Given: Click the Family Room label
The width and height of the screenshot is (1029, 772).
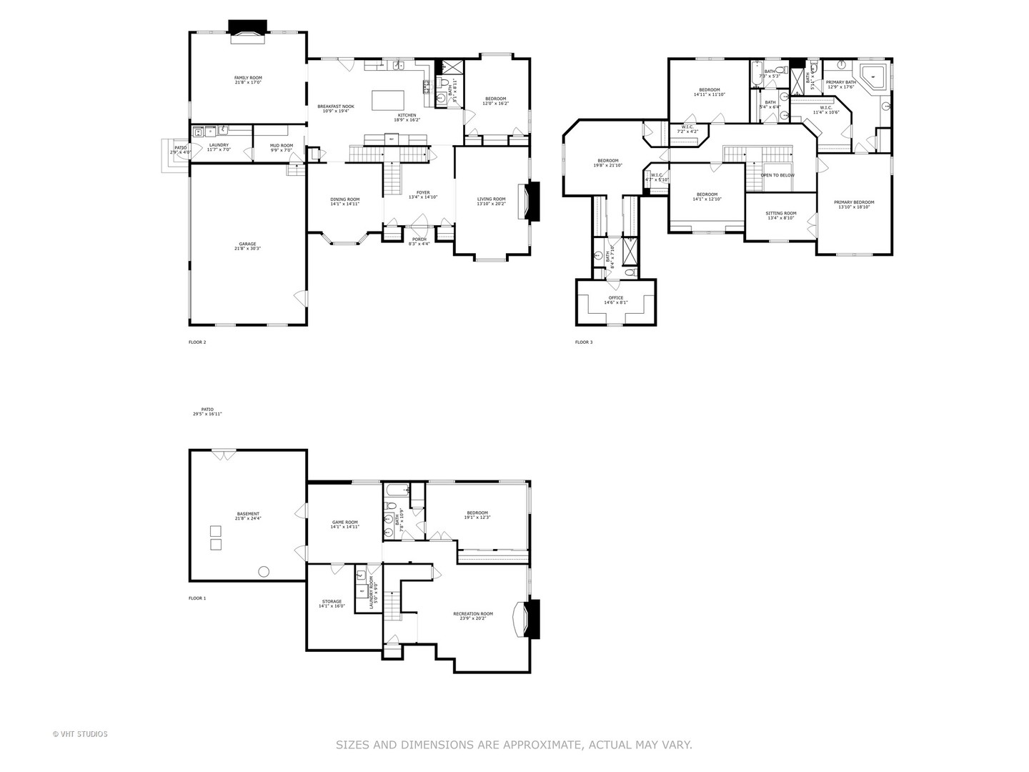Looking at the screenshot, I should point(248,77).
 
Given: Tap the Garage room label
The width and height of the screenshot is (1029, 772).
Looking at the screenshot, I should point(248,244).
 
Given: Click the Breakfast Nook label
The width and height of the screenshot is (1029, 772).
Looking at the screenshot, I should point(335,107).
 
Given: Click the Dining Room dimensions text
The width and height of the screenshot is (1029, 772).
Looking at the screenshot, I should point(344,204).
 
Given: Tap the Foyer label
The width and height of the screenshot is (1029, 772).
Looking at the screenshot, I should point(423,192).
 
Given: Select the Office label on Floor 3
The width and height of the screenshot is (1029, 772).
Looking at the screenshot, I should point(615,298).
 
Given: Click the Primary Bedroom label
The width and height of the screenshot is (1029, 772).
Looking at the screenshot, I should point(854,202).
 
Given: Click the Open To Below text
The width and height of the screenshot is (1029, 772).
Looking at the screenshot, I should point(777,175).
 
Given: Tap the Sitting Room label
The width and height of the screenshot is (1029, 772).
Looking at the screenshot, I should point(780,213).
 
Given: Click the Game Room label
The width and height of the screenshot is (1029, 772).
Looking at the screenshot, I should point(344,522).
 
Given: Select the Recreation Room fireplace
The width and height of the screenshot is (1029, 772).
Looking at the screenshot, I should point(531,618).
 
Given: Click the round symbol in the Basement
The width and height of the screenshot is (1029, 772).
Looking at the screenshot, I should point(264,570).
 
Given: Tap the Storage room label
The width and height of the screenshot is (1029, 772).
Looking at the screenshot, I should point(332,601).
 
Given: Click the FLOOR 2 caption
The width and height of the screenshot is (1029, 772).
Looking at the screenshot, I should point(197,342).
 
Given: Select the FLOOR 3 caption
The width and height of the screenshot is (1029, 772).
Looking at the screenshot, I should point(584,342).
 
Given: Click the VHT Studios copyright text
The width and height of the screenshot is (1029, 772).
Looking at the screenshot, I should point(80,734).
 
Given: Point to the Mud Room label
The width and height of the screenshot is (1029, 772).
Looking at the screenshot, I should point(281,146).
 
